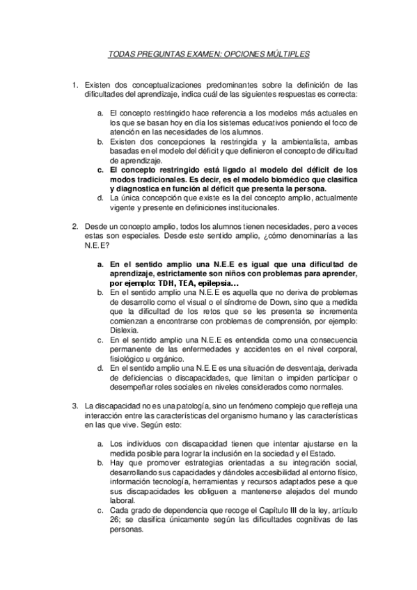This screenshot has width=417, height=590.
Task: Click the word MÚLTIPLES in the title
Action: pyautogui.click(x=285, y=54)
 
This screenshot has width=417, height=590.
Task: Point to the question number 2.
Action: pyautogui.click(x=76, y=226)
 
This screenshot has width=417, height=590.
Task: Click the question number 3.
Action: pyautogui.click(x=76, y=405)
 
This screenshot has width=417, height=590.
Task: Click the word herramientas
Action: pyautogui.click(x=198, y=481)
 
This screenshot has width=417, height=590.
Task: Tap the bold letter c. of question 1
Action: pyautogui.click(x=101, y=169)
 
